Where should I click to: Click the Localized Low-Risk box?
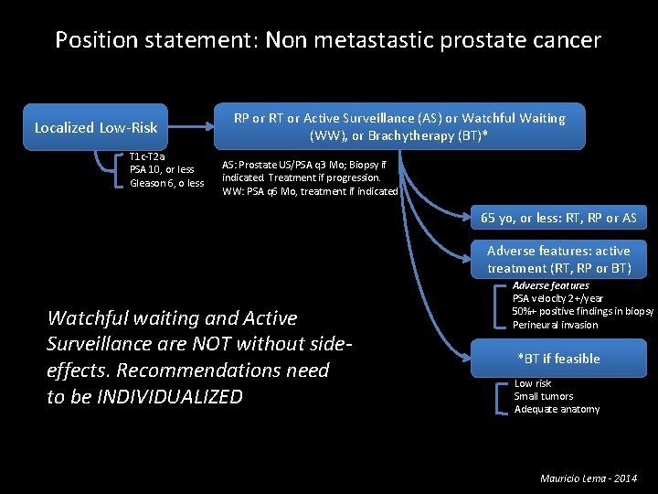point(96,128)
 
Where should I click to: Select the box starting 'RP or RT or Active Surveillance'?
point(399,127)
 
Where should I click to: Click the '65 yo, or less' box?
point(558,218)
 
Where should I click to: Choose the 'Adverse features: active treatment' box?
point(558,260)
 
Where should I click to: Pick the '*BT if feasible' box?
point(558,359)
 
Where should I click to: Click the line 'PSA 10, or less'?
point(162,169)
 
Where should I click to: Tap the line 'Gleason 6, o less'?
point(167,183)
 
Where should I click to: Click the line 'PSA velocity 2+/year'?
point(557,298)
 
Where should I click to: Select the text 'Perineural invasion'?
point(556,325)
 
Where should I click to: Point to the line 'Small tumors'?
point(544,396)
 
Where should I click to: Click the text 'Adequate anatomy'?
point(557,409)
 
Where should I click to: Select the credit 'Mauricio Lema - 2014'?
point(589,478)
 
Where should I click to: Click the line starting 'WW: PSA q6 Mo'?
point(310,191)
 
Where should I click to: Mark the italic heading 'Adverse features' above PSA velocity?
point(551,285)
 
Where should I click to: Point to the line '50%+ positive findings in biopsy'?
point(583,311)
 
